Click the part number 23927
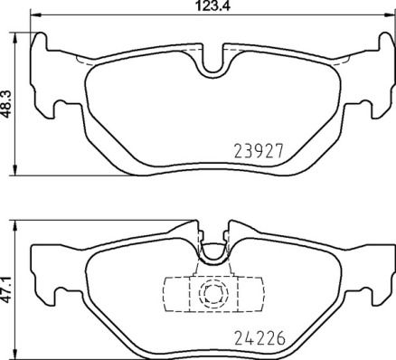pyautogui.click(x=261, y=152)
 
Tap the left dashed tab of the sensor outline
pyautogui.click(x=175, y=293)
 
